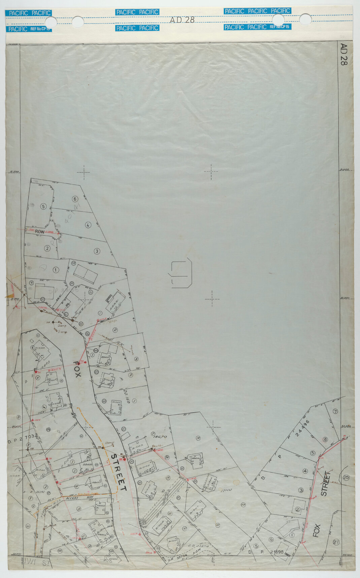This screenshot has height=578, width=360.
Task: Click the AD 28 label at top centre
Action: coord(182,20)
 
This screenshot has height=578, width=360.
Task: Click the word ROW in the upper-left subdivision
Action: coord(40,232)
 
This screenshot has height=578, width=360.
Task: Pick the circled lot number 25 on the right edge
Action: coord(346,477)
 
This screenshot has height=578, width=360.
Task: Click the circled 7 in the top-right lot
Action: coord(335,412)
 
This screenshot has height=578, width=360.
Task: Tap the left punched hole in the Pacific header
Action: coord(77,22)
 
